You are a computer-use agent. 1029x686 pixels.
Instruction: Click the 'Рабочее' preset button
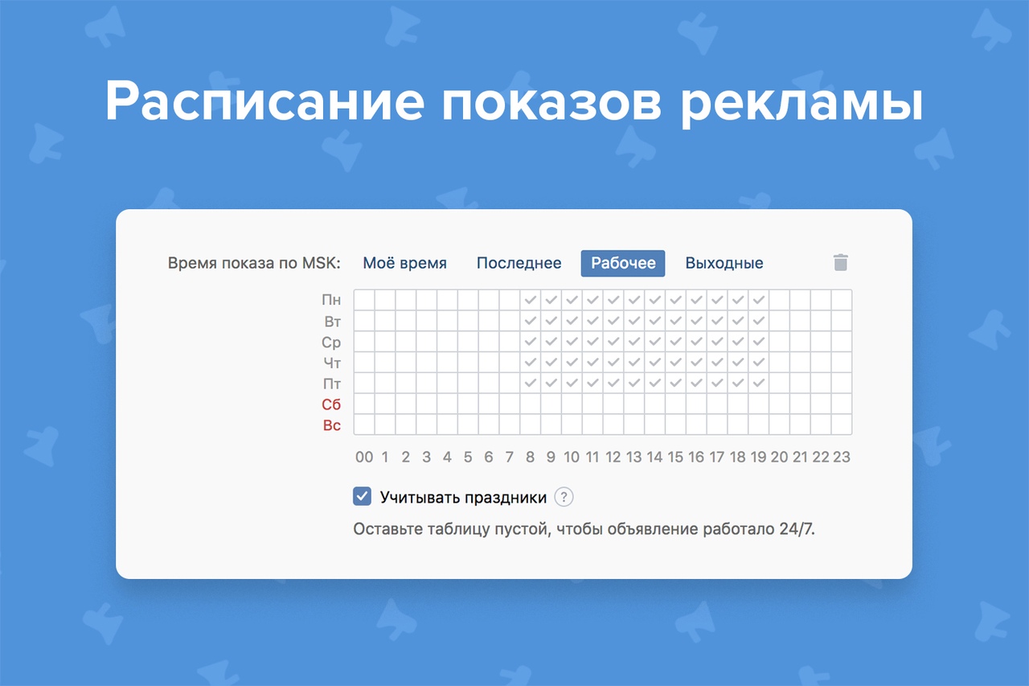tap(623, 263)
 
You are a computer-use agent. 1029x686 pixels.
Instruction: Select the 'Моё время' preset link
tap(404, 263)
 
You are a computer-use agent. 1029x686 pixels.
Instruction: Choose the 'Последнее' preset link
tap(519, 263)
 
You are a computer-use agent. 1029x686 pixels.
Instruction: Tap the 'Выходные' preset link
tap(724, 263)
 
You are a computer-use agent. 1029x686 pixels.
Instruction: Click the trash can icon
tap(840, 262)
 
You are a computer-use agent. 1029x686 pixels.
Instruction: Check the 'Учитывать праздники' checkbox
tap(363, 497)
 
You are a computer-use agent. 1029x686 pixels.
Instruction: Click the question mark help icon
tap(564, 497)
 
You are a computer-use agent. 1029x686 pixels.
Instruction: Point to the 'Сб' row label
tap(331, 405)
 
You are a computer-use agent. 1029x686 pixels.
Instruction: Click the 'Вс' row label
tap(331, 425)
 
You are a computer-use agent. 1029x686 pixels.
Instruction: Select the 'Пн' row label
tap(331, 300)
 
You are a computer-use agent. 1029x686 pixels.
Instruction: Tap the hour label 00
tap(364, 457)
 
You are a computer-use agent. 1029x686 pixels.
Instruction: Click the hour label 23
tap(841, 457)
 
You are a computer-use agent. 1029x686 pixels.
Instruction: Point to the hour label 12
tap(613, 457)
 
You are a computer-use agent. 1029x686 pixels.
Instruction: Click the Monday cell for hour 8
tap(530, 300)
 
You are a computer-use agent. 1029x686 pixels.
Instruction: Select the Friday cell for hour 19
tap(758, 383)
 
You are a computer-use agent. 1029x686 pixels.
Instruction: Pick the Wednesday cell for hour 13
tap(633, 341)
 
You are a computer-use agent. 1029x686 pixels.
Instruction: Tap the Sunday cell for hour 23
tap(841, 424)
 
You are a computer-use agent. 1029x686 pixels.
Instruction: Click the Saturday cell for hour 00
tap(364, 404)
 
